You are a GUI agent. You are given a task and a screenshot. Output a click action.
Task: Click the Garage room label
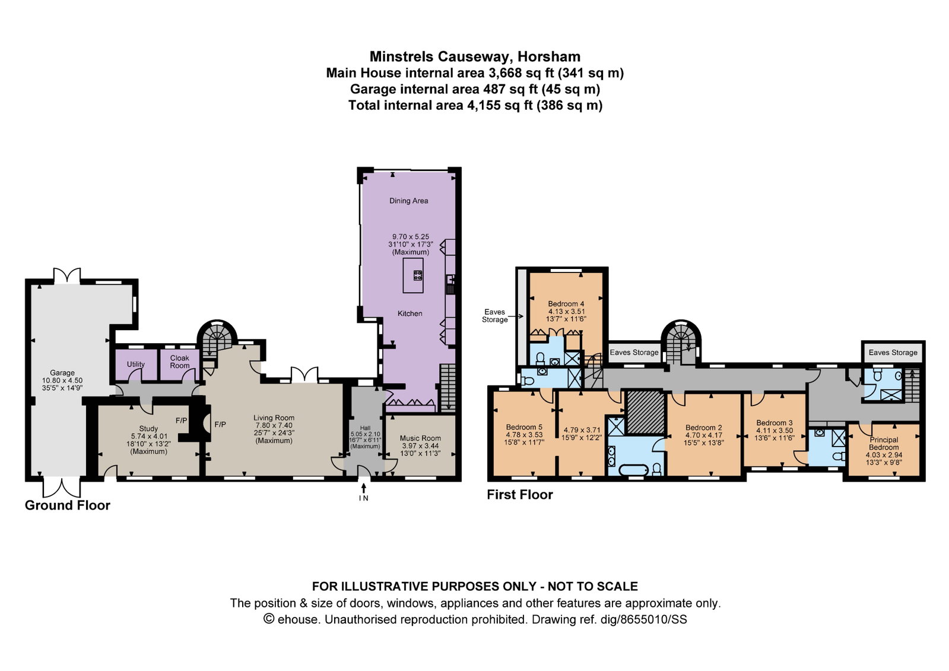coord(62,373)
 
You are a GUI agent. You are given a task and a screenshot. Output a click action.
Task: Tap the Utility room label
coord(135,364)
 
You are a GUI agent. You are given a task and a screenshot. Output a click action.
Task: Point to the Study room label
coord(148,429)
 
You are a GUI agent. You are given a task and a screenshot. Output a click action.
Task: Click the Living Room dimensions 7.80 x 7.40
coord(274,425)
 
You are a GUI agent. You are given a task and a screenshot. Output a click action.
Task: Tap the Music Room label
coord(420,438)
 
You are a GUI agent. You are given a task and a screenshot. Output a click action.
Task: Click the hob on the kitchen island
coord(418,275)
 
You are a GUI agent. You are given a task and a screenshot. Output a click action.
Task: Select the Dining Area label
coord(409,201)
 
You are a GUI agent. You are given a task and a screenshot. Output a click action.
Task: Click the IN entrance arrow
coord(363,488)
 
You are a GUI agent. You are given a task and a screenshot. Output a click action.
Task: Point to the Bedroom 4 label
coord(566,303)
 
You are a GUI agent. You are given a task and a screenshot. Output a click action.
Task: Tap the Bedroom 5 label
coord(524,427)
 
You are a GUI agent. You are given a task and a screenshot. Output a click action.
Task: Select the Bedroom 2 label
coord(704,428)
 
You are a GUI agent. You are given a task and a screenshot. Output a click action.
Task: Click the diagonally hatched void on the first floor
coord(645,412)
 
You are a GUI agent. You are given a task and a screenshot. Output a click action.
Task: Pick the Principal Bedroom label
coord(884,444)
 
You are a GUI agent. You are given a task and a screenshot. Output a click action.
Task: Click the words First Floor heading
coord(520,495)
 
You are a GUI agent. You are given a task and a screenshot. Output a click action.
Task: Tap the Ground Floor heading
coord(68,505)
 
